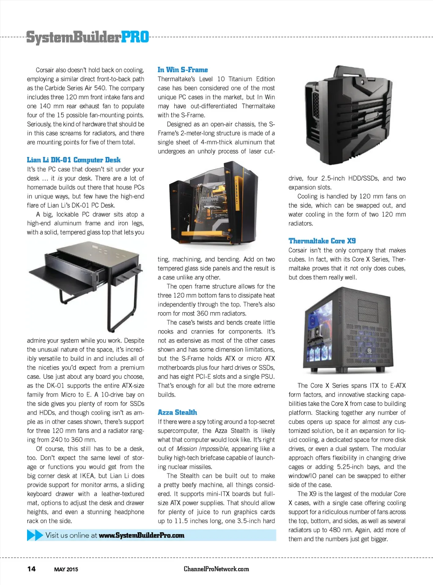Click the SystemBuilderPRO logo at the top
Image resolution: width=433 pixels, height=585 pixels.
tap(88, 37)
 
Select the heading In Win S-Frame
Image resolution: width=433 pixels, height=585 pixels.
tap(183, 70)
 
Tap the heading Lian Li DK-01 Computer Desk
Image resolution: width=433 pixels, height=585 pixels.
tap(74, 160)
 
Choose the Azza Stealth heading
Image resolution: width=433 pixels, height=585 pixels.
tap(177, 412)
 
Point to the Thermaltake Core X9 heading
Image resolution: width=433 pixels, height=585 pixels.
tap(322, 241)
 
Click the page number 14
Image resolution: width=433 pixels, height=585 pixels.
tap(32, 569)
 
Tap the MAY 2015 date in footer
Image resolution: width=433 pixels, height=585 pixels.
tap(66, 569)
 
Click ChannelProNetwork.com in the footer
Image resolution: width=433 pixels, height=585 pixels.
tap(216, 569)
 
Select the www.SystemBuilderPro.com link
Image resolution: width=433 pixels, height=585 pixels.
tap(142, 536)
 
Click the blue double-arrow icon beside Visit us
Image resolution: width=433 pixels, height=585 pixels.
tap(35, 536)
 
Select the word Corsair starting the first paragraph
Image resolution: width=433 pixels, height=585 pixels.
tap(45, 70)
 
